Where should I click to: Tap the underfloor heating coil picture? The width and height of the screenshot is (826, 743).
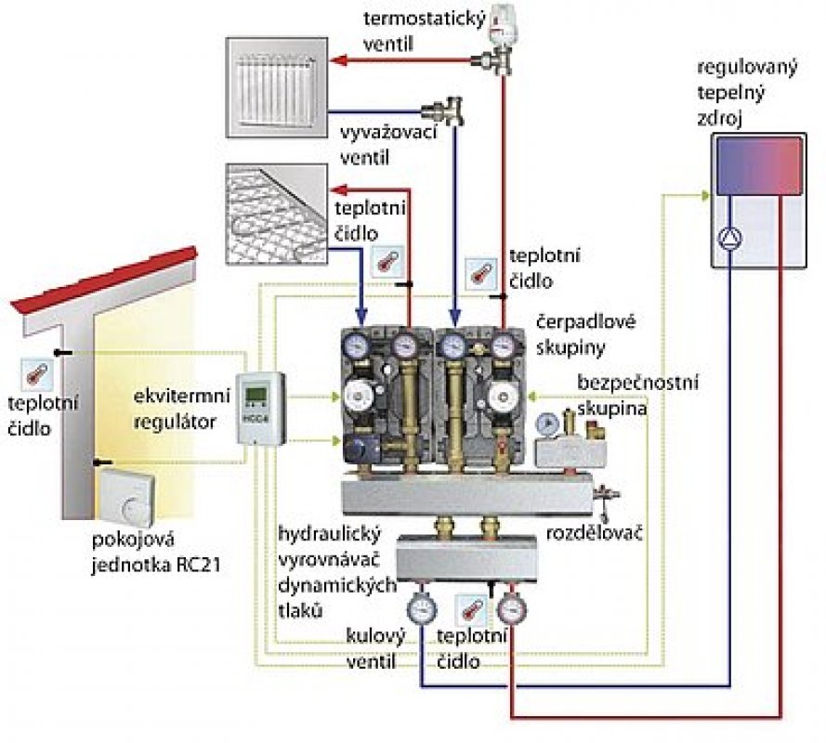pos(276,205)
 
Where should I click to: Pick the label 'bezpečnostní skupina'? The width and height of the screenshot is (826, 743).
pos(636,395)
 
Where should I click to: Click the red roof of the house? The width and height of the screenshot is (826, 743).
pos(102,279)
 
